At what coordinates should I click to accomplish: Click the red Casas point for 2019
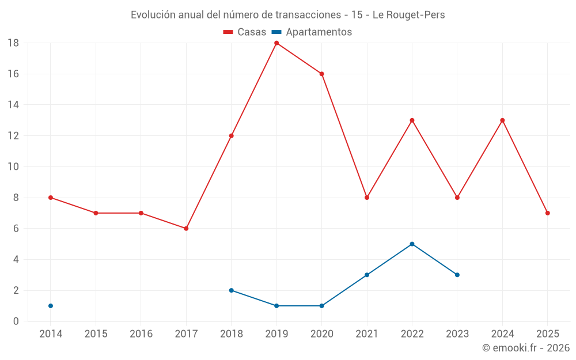[276, 43]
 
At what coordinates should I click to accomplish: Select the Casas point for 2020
[321, 74]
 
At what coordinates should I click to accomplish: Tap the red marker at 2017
[186, 229]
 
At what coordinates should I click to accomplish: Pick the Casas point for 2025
[547, 213]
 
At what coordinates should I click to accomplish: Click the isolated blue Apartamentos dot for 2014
[51, 306]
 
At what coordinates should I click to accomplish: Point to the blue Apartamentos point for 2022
[412, 244]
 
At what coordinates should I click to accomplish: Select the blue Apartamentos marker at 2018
[231, 290]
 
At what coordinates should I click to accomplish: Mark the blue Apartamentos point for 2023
[457, 275]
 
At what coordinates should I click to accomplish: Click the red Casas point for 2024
[502, 120]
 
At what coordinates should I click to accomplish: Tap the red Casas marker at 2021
[367, 198]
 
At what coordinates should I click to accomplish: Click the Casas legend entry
[245, 32]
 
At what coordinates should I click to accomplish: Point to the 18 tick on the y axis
[13, 43]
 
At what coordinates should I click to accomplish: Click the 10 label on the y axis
[13, 167]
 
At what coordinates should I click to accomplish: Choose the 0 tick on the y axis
[16, 321]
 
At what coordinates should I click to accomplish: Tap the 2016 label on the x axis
[141, 334]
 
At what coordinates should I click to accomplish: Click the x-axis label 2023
[457, 334]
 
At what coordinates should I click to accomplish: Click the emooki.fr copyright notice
[525, 348]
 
